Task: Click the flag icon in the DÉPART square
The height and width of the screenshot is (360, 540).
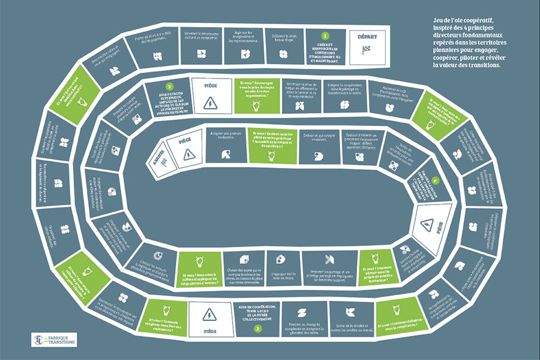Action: tap(367, 50)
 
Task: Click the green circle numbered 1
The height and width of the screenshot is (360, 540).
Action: tap(325, 36)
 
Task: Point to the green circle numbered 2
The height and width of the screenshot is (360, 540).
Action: tap(257, 329)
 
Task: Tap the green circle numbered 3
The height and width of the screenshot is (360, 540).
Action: tap(170, 86)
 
